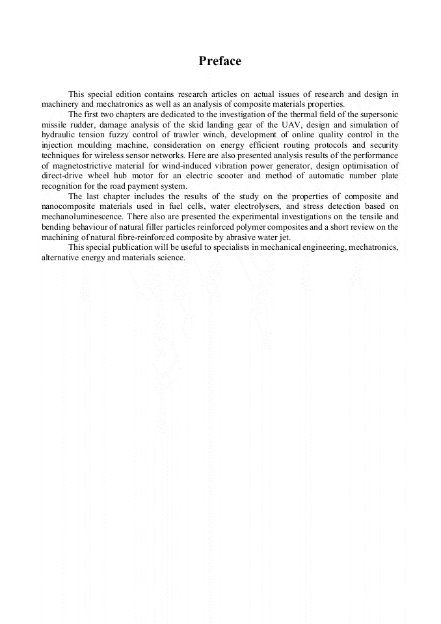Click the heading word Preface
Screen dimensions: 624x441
coord(220,61)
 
